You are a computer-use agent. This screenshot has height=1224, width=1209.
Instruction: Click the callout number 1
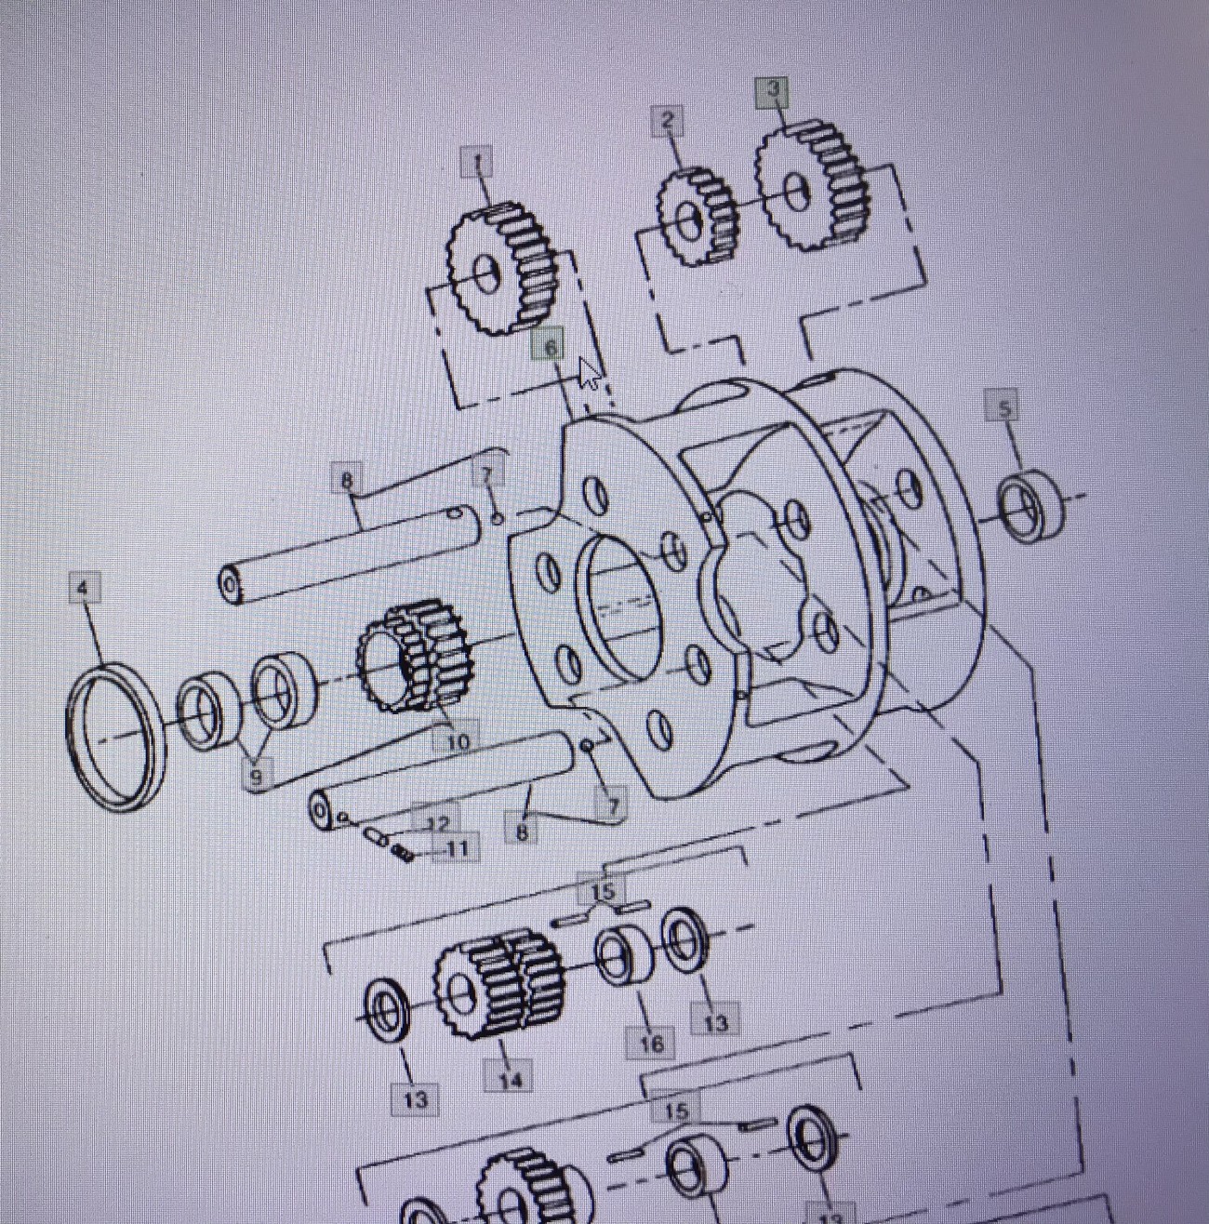coord(478,164)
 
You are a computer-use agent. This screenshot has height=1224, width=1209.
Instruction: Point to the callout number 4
coord(84,589)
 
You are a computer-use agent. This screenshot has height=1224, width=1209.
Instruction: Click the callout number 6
coord(550,347)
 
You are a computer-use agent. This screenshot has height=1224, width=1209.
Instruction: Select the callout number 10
coord(458,741)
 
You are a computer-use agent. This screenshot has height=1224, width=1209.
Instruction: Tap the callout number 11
coord(458,848)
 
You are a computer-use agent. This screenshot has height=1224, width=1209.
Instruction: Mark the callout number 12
coord(438,823)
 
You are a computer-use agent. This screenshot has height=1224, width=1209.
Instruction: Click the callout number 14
coord(511,1079)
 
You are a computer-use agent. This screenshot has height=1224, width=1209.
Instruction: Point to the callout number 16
coord(652,1044)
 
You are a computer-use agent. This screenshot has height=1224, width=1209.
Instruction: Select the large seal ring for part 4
coord(117,735)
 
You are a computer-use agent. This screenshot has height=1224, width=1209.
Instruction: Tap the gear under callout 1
coord(502,271)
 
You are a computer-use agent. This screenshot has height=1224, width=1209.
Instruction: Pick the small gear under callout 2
coord(697,219)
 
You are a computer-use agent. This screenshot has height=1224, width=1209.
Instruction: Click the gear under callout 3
coord(811,186)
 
